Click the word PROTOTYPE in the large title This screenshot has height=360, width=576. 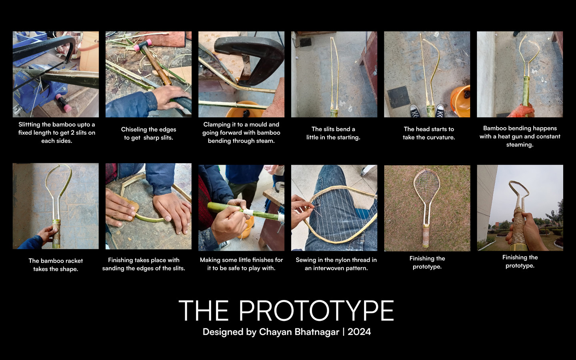click(316, 311)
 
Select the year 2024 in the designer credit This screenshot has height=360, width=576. click(359, 332)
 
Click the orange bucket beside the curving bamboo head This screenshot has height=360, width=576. click(460, 100)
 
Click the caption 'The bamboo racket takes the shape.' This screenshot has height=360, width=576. click(56, 265)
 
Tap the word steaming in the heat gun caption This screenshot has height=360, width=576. click(520, 145)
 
